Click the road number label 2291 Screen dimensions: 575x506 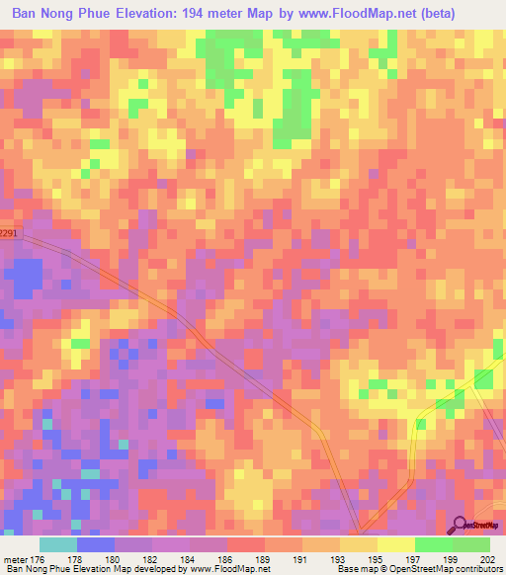tap(9, 233)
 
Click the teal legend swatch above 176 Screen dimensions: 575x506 tap(57, 544)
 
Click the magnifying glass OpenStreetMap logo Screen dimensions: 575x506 tap(458, 526)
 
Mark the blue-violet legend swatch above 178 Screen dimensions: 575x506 tap(95, 544)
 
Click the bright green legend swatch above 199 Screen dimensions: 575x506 tap(433, 544)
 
